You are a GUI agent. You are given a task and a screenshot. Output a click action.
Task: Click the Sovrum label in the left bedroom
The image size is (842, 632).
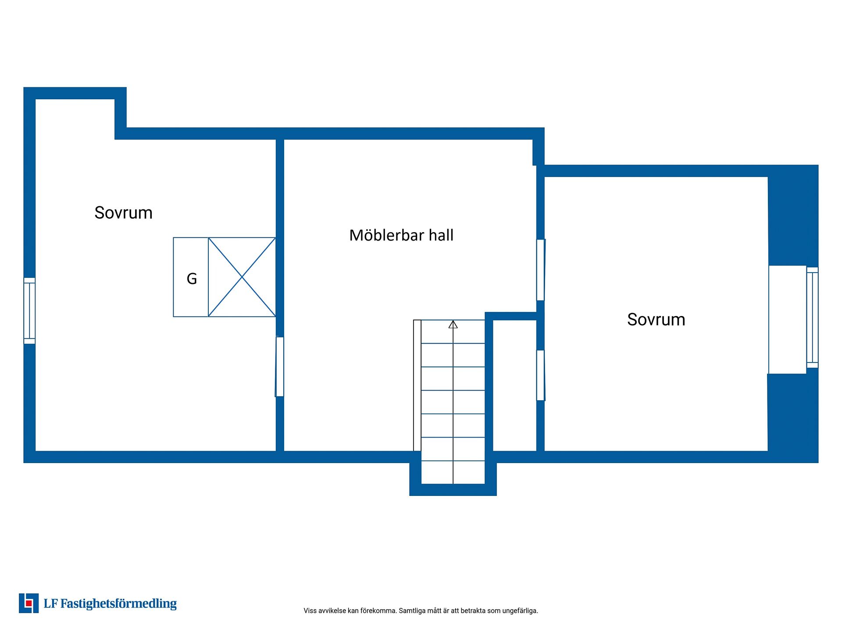[123, 213]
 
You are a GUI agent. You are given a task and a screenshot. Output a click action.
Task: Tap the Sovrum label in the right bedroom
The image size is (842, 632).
[656, 320]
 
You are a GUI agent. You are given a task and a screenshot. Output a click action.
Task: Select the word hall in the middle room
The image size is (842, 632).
[441, 235]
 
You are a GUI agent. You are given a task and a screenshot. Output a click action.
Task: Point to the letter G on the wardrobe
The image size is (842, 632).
[192, 279]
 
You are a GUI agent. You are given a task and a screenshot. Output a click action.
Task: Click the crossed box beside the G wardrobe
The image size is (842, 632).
[242, 277]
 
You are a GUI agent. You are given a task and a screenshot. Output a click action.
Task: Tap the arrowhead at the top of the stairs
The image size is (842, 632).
[453, 325]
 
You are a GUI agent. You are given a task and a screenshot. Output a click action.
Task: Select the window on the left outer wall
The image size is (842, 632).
[29, 311]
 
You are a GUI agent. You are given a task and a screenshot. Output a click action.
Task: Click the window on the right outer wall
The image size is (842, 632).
[813, 318]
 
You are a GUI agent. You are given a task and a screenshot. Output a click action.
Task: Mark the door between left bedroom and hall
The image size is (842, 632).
[280, 367]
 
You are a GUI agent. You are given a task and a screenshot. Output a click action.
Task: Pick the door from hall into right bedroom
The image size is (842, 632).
[541, 270]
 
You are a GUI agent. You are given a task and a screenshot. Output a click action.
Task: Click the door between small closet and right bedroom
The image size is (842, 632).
[541, 375]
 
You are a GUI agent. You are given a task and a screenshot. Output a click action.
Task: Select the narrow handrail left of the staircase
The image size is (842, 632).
[417, 385]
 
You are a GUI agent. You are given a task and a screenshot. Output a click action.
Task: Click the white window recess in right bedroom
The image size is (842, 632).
[788, 320]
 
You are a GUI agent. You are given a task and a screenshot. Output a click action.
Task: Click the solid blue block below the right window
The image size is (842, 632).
[793, 417]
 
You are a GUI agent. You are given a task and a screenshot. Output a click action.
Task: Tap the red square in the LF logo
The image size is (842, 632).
[29, 603]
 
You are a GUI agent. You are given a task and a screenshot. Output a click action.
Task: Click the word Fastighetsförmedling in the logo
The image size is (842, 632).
[118, 604]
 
